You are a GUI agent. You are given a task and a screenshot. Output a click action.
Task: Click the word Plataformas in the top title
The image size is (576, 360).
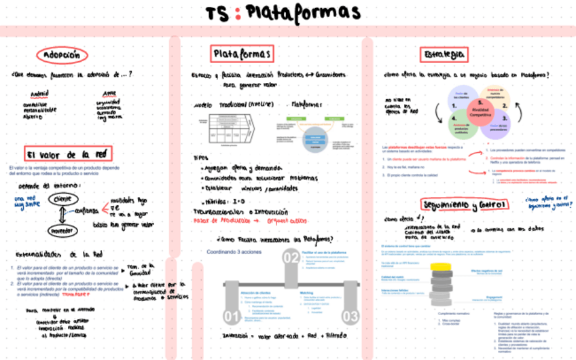[303, 13]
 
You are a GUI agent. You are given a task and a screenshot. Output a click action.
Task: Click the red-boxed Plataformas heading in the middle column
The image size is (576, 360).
[241, 54]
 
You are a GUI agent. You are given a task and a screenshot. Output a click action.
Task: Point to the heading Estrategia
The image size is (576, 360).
[444, 54]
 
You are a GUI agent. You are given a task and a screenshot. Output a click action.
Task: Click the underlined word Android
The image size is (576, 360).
[40, 94]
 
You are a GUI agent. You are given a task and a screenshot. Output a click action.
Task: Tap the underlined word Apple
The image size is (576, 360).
[109, 94]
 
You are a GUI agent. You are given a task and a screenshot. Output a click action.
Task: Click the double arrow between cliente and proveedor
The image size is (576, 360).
[62, 215]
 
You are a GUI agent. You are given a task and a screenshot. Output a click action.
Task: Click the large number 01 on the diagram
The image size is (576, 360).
[232, 317]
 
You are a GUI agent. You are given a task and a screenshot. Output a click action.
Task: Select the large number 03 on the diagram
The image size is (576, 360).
[350, 317]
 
